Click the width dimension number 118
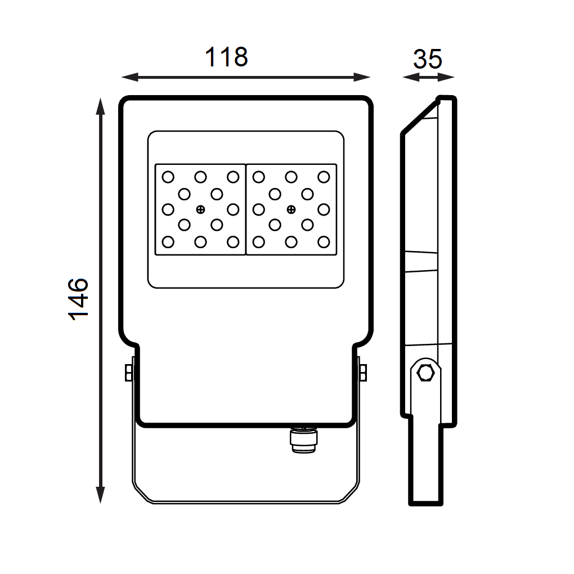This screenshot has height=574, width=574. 226,57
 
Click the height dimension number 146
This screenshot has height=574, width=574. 78,299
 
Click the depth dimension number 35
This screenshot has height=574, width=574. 428,59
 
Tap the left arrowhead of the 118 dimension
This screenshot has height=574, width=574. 129,77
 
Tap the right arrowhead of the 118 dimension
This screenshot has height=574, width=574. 362,77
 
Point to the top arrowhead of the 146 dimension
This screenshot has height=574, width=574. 100,106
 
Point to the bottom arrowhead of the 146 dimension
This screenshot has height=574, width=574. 100,495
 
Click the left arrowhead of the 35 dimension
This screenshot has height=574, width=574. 411,77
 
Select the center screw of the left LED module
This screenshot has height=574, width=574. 200,209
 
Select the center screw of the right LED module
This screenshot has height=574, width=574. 291,209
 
